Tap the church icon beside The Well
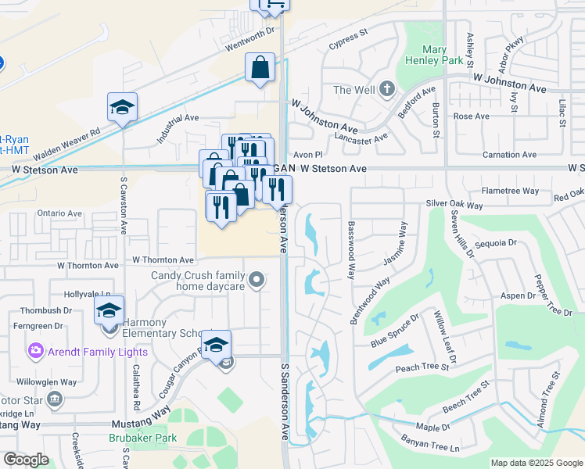point(386,90)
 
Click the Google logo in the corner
point(26,460)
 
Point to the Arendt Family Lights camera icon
point(35,350)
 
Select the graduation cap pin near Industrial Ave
point(122,108)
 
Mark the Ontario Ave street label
point(59,213)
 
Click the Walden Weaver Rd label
point(66,144)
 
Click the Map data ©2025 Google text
point(536,463)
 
